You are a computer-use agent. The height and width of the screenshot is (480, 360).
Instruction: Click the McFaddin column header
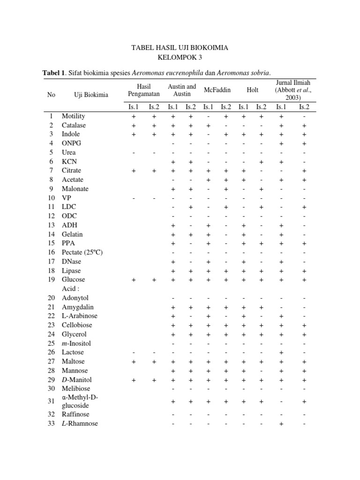tap(217, 90)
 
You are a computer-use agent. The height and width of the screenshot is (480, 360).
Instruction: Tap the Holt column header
tap(252, 90)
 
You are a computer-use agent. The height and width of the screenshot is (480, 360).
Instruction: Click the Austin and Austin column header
tap(181, 90)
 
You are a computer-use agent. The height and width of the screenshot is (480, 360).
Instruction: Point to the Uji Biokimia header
tap(91, 95)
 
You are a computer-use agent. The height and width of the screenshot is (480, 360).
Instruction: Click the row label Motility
tap(74, 116)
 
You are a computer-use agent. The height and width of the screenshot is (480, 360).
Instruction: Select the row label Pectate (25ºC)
tap(82, 252)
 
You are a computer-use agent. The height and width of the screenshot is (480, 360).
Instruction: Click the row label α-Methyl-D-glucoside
tap(80, 401)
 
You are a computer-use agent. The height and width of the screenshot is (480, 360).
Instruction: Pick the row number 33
tap(51, 424)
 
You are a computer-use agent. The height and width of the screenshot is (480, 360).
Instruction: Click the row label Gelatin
tap(72, 234)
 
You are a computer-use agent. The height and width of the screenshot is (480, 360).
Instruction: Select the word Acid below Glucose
tap(69, 289)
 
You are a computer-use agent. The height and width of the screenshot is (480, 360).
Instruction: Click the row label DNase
tap(71, 261)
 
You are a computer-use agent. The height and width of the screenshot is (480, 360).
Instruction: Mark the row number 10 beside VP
tap(51, 198)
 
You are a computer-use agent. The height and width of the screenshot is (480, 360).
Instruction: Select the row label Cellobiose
tap(77, 325)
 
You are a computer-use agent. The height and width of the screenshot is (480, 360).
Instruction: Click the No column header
tap(51, 95)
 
